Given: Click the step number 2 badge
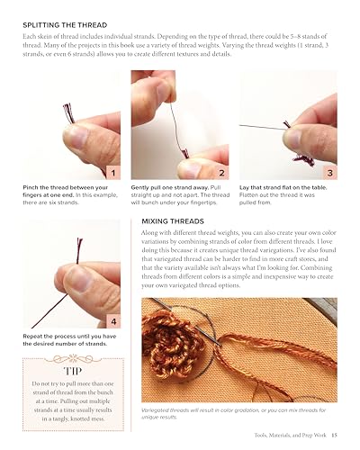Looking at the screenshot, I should [x=221, y=171].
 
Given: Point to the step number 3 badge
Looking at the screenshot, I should [x=329, y=171].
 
